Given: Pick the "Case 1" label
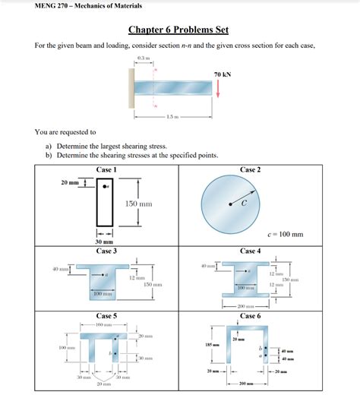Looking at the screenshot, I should click(x=106, y=169).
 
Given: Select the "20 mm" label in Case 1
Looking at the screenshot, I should click(x=71, y=183).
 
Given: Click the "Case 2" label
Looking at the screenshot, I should click(x=250, y=169).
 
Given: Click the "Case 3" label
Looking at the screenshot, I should click(x=106, y=251).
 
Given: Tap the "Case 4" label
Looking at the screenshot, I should click(x=249, y=251).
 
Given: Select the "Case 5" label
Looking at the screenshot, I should click(x=106, y=315).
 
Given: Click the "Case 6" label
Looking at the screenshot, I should click(x=249, y=315).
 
